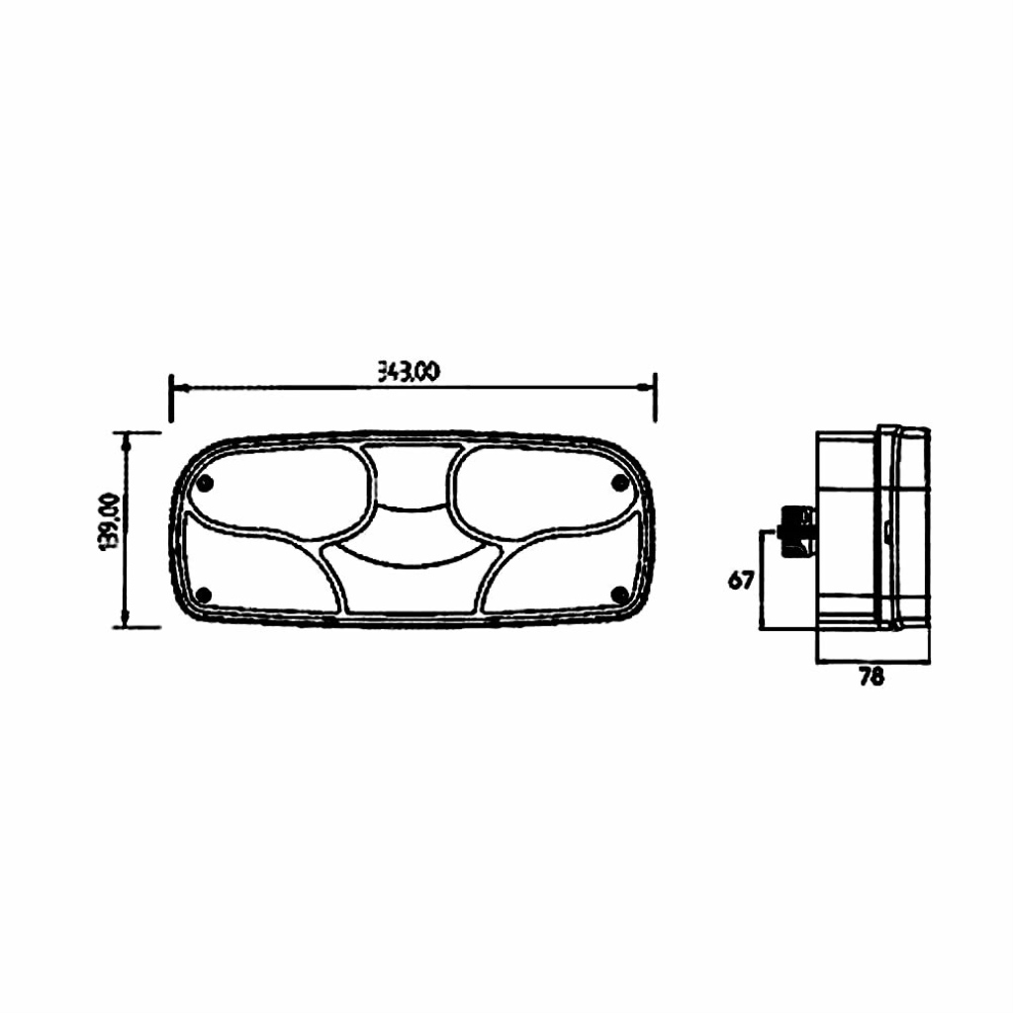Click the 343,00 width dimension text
click(409, 372)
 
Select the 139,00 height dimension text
click(108, 522)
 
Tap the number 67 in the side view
click(740, 580)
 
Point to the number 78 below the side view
click(871, 676)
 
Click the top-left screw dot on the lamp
click(206, 483)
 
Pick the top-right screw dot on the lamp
click(619, 482)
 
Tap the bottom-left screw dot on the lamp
click(204, 595)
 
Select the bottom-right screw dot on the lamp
click(620, 594)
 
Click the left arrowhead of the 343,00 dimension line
click(180, 388)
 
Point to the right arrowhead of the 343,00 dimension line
click(645, 387)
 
